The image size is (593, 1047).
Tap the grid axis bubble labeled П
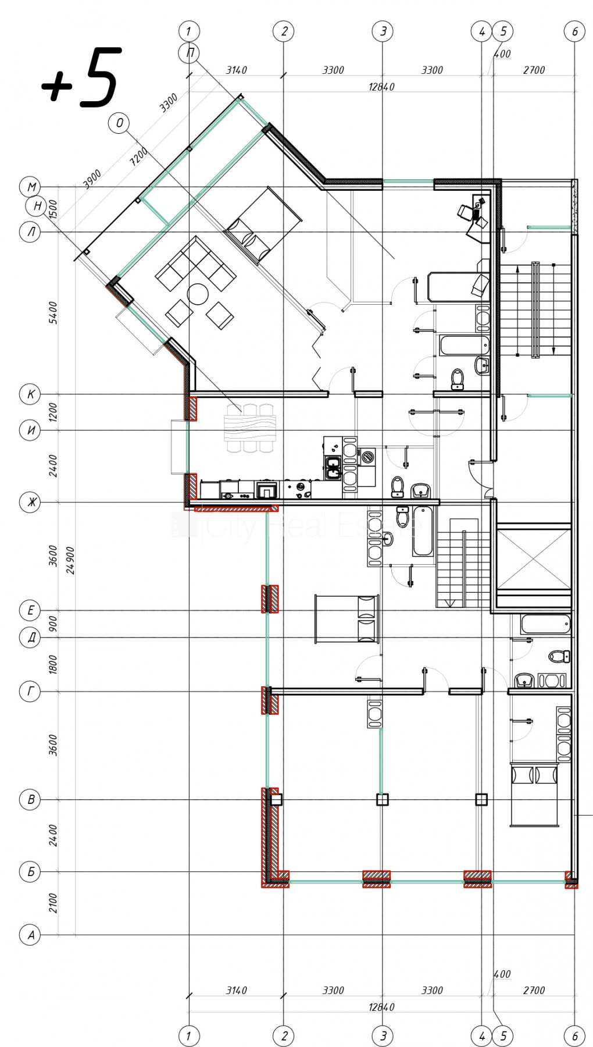coord(189,53)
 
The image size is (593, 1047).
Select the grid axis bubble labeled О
coord(119,123)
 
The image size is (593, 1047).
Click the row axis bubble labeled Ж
coord(31,501)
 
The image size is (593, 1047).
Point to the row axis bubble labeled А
coord(31,935)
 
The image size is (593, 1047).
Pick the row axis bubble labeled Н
coord(37,205)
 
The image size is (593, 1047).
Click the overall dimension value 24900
coord(70,560)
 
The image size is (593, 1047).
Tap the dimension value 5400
coord(53,312)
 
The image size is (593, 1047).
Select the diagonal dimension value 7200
coord(139,156)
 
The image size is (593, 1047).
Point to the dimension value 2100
coord(53,903)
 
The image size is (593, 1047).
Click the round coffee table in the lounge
coord(198,294)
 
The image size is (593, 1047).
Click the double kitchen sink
coord(333,468)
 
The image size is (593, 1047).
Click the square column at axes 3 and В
coord(382,799)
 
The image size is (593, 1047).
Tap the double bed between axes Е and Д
coord(346,618)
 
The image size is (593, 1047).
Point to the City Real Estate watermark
coord(296,525)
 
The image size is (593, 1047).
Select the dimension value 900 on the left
coord(53,624)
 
